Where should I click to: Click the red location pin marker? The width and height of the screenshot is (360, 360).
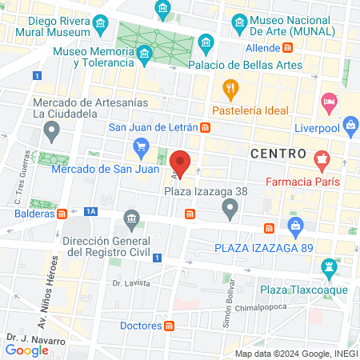tap(181, 163)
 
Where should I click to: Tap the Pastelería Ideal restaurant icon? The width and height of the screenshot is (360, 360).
tap(230, 88)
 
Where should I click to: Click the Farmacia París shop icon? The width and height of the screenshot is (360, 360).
tap(322, 159)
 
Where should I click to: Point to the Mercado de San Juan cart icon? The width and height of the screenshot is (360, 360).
tap(142, 146)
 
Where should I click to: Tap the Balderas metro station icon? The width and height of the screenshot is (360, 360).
tap(62, 214)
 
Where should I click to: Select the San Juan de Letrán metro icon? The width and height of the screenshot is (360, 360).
tap(206, 127)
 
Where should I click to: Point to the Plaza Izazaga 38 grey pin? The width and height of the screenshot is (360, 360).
tap(230, 210)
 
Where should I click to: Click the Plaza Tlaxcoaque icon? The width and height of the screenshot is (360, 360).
tap(327, 266)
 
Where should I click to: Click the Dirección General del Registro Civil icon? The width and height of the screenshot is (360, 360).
tap(130, 218)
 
